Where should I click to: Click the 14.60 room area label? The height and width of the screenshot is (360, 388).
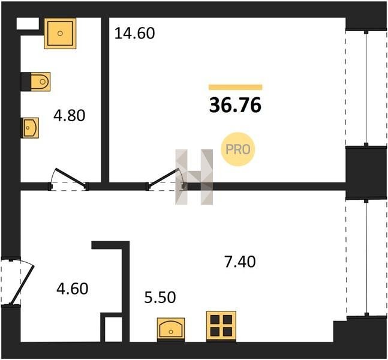point(135,34)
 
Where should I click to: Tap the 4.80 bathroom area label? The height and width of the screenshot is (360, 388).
point(70,115)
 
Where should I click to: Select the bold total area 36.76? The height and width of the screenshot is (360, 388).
point(235,105)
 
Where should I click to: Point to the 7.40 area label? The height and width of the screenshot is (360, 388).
point(240,262)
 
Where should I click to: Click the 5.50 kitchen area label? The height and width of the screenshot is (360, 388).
point(160,297)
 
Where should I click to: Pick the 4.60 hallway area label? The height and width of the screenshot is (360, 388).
point(72,289)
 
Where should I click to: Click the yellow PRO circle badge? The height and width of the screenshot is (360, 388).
point(238,149)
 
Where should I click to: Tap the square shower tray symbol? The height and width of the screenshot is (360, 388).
point(60,34)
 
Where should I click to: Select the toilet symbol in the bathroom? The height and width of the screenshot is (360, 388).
point(40,82)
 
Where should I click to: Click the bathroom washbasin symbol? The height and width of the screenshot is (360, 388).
point(30,128)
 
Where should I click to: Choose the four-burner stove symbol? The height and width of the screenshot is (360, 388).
point(221,326)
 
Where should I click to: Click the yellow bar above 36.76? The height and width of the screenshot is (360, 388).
point(236,87)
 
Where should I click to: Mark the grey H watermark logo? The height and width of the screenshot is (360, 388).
point(194,177)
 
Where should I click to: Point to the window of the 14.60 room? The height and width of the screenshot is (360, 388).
point(366,88)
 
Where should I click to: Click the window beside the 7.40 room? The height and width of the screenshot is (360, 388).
point(366,257)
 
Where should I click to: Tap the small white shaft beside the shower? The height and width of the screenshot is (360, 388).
point(28,23)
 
